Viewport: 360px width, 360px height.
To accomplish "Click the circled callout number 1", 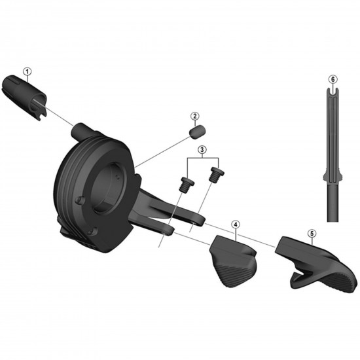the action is (x=27, y=71).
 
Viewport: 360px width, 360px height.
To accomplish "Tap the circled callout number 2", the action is (x=195, y=116).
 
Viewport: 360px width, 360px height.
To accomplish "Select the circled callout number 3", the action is (x=202, y=150).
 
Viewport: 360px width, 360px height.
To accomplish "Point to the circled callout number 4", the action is (x=236, y=224).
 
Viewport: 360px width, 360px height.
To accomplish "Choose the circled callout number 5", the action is (x=312, y=234).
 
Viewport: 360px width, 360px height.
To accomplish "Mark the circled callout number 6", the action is (x=333, y=79).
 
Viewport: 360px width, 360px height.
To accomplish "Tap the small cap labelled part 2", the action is (x=198, y=132).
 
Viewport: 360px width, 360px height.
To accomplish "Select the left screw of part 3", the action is (x=186, y=185).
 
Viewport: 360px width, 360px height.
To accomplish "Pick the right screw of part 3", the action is (x=217, y=175).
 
